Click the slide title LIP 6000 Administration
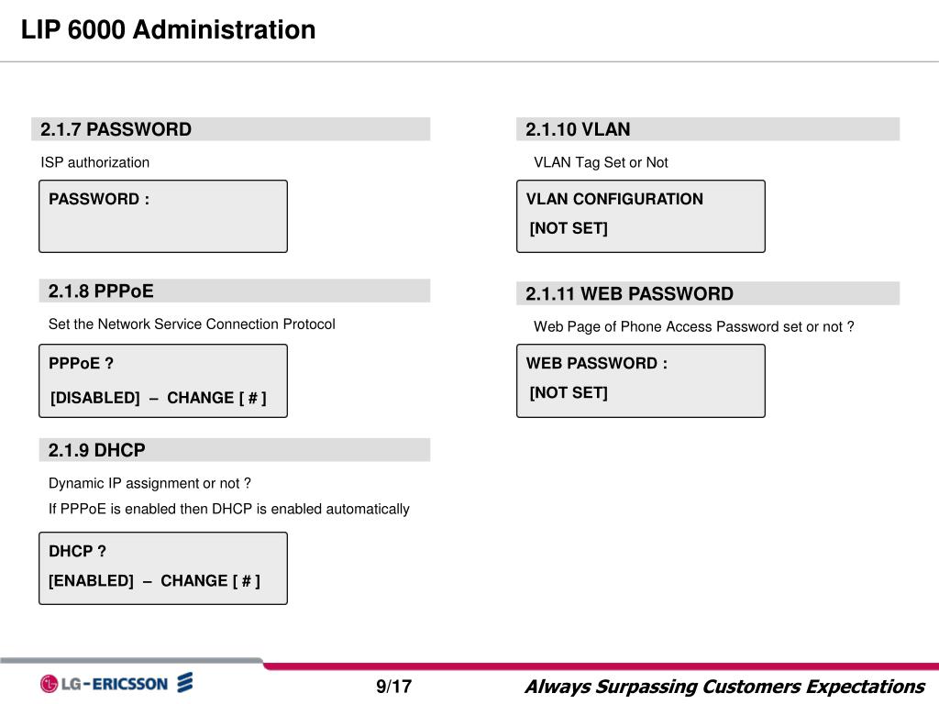click(x=169, y=30)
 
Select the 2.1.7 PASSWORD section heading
click(x=116, y=129)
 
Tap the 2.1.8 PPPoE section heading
click(x=101, y=291)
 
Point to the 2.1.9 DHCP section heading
click(x=97, y=450)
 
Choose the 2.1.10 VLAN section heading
click(x=578, y=129)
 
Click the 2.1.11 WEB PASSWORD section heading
click(x=629, y=294)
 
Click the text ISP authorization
click(x=94, y=162)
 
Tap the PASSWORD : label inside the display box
click(x=99, y=199)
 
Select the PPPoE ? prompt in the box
click(x=82, y=363)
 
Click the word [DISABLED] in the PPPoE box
click(x=95, y=398)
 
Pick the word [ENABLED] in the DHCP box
click(x=91, y=580)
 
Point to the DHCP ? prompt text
click(x=77, y=551)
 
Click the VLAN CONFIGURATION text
click(x=614, y=199)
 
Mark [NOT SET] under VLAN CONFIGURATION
click(x=569, y=228)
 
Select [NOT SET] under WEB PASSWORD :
click(x=569, y=392)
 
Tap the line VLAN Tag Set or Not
click(x=601, y=162)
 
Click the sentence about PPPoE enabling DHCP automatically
click(x=229, y=509)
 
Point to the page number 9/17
click(x=393, y=687)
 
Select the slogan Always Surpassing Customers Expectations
click(x=724, y=687)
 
